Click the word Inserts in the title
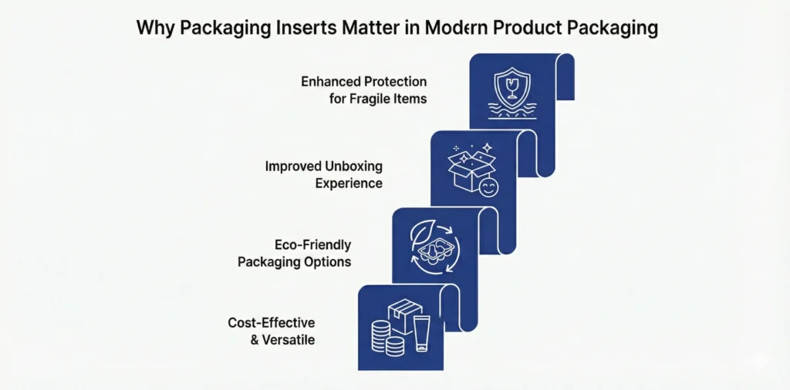click(x=284, y=29)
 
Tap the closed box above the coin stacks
click(x=403, y=314)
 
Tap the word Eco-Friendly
click(x=312, y=245)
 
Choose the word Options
click(x=327, y=262)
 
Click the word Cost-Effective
click(x=271, y=322)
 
